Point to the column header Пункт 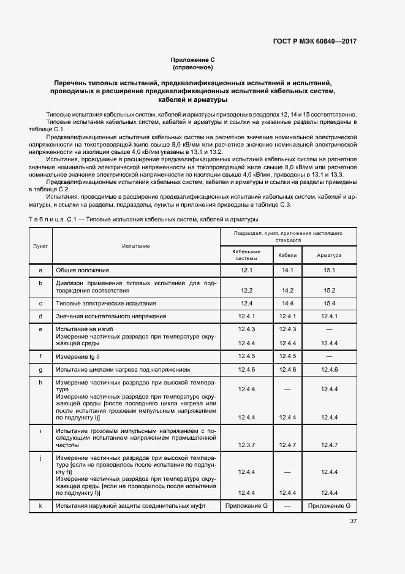40,245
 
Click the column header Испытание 135,245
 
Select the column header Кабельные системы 247,254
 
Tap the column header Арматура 329,254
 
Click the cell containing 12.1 247,270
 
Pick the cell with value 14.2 287,290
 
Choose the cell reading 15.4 329,304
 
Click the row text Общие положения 83,270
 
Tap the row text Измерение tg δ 77,356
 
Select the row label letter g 40,370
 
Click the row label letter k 40,505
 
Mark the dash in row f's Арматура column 329,356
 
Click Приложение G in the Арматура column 329,505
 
